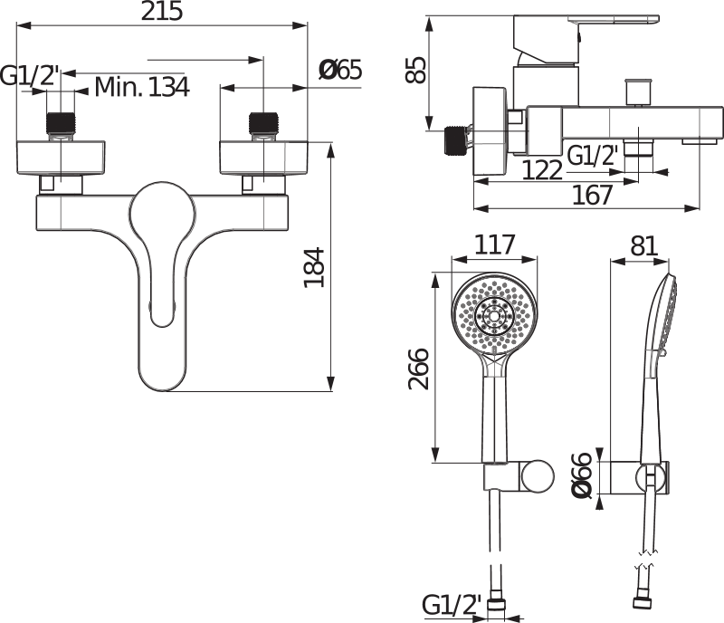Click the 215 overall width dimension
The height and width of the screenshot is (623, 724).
[x=163, y=12]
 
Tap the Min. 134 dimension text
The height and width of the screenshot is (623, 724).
[x=142, y=87]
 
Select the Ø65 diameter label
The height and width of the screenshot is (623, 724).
[x=340, y=69]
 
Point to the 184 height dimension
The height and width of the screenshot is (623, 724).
[x=313, y=268]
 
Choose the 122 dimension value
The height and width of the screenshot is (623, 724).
[x=541, y=169]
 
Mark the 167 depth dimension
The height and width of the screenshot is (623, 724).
[x=593, y=194]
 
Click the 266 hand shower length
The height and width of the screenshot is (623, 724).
[x=418, y=368]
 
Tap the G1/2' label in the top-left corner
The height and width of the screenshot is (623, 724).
[x=30, y=77]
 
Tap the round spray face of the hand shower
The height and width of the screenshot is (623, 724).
[x=493, y=317]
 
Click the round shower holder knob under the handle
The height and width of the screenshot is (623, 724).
[x=539, y=475]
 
